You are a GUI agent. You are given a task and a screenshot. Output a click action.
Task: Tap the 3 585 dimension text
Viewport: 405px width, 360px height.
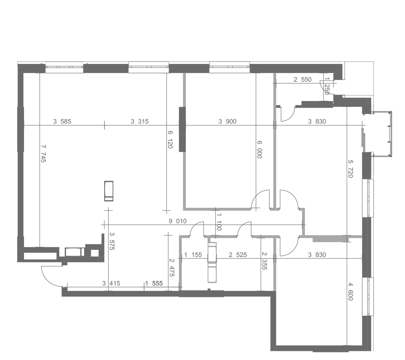pos(62,121)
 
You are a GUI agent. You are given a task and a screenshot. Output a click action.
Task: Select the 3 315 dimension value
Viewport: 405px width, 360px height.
pos(140,121)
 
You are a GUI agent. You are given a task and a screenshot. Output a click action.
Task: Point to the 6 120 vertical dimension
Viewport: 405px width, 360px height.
pos(170,139)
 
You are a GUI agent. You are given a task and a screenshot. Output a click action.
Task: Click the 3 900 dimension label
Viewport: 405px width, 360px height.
pos(227,121)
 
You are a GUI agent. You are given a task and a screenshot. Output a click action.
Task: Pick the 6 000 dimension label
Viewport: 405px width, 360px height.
pos(259,150)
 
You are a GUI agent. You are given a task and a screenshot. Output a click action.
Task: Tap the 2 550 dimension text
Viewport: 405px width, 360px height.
pos(303,80)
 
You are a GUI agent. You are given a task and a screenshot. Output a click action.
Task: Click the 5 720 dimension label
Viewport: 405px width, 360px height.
pos(350,169)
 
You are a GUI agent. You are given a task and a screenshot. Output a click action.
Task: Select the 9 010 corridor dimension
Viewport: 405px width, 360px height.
pos(178,221)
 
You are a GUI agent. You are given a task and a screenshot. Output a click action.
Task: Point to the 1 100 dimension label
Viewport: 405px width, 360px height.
pos(219,222)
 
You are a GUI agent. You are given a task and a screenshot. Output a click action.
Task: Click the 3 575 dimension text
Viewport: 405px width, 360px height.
pos(112,241)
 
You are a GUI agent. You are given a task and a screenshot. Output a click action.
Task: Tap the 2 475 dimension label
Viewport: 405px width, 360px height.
pos(172,268)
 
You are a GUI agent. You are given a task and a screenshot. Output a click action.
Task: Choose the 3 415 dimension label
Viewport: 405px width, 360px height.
pos(111,283)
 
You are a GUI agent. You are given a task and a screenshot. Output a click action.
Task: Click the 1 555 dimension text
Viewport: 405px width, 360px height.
pos(154,283)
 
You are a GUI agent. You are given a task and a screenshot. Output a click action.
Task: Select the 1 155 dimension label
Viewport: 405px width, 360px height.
pos(193,255)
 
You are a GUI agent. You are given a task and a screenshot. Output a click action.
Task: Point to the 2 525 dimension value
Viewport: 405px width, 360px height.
pos(238,255)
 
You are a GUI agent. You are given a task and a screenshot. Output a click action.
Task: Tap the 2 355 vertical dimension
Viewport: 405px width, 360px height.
pos(264,261)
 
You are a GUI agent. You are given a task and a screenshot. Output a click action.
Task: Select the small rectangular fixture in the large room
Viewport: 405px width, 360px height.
pos(109,191)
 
